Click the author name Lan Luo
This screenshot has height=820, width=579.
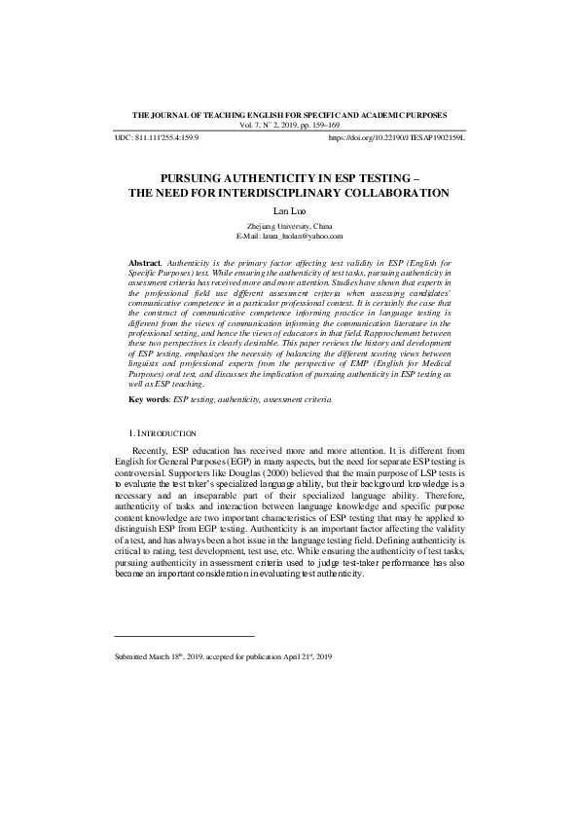(x=290, y=209)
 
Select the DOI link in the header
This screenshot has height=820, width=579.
(x=397, y=139)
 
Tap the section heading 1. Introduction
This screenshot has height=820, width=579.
(x=163, y=431)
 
